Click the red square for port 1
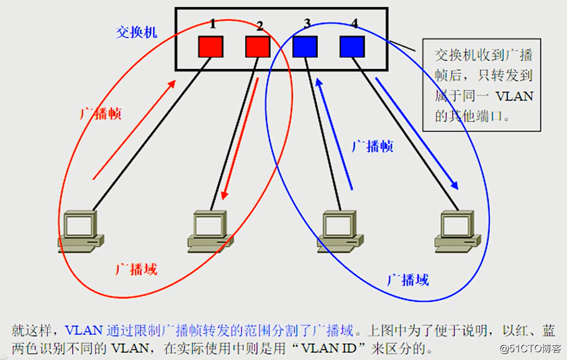(211, 47)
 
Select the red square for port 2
(258, 47)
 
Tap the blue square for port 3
(305, 47)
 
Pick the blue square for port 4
(352, 47)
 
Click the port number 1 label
(212, 24)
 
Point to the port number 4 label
(354, 24)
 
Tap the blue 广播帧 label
(373, 146)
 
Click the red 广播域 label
(136, 269)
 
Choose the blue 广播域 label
(407, 279)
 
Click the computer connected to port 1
(81, 231)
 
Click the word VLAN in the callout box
(517, 96)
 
